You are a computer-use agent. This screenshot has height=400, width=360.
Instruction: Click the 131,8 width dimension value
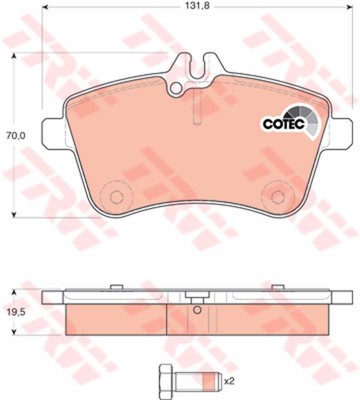(197, 5)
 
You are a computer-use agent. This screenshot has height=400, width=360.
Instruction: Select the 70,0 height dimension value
(16, 136)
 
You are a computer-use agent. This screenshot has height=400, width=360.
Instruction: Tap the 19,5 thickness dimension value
(16, 312)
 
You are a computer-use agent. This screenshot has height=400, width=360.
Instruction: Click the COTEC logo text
(283, 124)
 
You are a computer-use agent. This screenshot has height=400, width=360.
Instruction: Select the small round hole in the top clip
(175, 88)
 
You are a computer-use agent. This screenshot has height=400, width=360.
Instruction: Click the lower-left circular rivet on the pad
(116, 196)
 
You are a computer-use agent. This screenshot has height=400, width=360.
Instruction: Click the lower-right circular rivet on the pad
(278, 196)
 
